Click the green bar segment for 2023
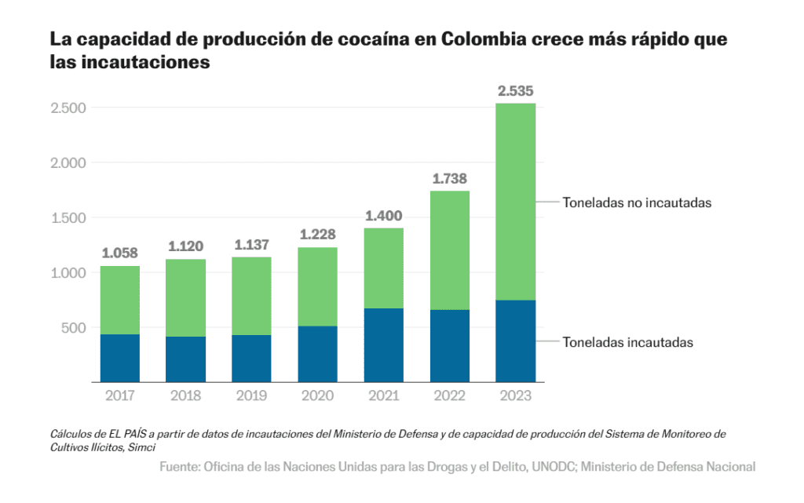click(516, 202)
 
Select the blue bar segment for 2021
click(384, 345)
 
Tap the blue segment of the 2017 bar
click(120, 358)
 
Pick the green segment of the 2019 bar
click(252, 296)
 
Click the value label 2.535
click(516, 91)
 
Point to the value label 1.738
click(450, 179)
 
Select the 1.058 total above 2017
click(120, 253)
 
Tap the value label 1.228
click(318, 235)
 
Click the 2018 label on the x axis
click(186, 395)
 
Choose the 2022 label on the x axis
click(450, 395)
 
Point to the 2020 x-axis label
click(318, 395)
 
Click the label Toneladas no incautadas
click(636, 202)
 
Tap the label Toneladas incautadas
click(627, 342)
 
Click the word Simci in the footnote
click(142, 447)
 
